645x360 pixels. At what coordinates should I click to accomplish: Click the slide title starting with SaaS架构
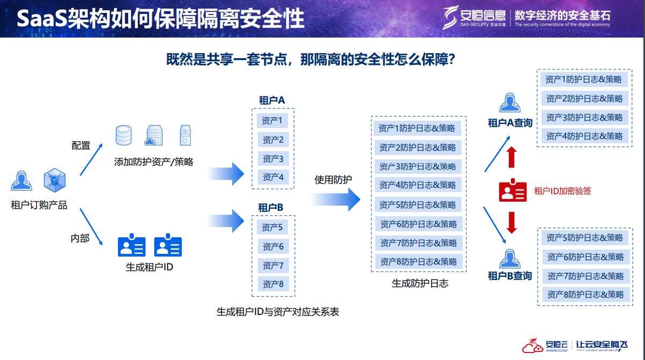(x=160, y=18)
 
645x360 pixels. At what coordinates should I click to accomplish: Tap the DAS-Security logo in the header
(x=474, y=17)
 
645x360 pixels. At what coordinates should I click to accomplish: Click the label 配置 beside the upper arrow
(x=81, y=145)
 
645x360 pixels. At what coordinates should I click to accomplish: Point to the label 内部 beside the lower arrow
(x=80, y=238)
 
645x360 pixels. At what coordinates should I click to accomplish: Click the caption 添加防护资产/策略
(x=153, y=161)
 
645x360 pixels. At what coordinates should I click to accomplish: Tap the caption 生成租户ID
(x=149, y=267)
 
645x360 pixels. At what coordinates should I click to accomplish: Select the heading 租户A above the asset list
(x=272, y=100)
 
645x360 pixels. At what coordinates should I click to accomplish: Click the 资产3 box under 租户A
(x=273, y=159)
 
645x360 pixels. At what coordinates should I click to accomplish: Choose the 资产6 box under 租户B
(x=273, y=246)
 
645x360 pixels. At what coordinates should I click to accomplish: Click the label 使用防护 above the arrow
(x=333, y=180)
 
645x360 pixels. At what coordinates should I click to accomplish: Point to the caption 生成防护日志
(x=420, y=283)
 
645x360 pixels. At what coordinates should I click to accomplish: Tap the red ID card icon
(x=513, y=190)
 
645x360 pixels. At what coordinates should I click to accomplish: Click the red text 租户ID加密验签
(x=562, y=190)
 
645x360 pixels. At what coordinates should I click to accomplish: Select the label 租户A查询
(x=510, y=123)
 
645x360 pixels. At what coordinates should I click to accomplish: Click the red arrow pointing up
(x=511, y=157)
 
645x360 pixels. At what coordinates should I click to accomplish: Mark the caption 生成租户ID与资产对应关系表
(x=278, y=311)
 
